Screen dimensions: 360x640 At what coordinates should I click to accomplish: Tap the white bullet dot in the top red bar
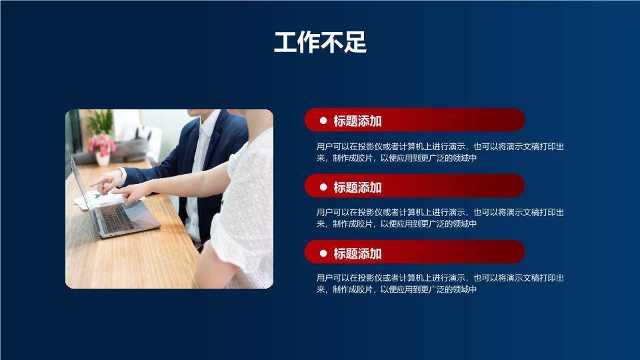point(323,121)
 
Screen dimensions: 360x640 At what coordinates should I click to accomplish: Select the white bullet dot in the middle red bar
point(323,187)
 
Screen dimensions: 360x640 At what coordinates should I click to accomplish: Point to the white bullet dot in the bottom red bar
point(323,253)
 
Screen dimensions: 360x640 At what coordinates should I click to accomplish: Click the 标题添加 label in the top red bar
point(357,121)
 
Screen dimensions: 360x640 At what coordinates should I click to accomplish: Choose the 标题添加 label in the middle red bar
point(357,187)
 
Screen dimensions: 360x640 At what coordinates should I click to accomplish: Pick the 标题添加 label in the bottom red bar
point(357,253)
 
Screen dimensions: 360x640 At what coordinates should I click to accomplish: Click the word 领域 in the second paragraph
point(461,224)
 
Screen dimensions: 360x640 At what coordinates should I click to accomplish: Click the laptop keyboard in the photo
point(117,217)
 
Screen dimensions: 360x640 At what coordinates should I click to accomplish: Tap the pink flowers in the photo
point(102,143)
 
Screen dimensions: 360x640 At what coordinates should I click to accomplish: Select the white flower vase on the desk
point(103,159)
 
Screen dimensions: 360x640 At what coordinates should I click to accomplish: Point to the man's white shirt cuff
point(123,176)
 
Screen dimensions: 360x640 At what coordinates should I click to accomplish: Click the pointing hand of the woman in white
point(130,193)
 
